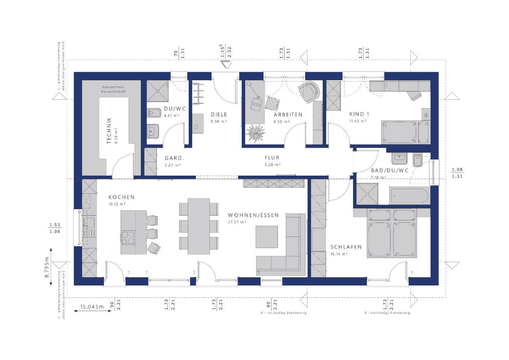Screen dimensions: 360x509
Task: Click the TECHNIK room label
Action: (109, 131)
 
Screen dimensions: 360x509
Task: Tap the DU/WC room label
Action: (172, 109)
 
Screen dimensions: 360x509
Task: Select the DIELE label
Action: (219, 114)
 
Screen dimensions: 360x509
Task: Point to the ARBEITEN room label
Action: (288, 114)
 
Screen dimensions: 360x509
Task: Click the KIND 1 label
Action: (359, 114)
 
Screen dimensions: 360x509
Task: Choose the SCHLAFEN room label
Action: (346, 247)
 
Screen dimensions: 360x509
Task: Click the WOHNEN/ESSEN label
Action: (253, 215)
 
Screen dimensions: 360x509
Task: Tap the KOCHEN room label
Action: (121, 197)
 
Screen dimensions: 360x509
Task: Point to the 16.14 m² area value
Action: (339, 254)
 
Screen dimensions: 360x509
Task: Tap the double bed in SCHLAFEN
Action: (392, 233)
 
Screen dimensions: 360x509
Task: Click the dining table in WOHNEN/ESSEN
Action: (199, 224)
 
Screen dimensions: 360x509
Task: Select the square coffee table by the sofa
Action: (267, 237)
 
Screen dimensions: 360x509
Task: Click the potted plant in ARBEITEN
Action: (255, 133)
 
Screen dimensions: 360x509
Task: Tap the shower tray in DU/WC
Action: (158, 90)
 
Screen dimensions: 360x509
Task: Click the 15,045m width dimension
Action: (91, 307)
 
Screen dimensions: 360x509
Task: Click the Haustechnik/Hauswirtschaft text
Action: (113, 89)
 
